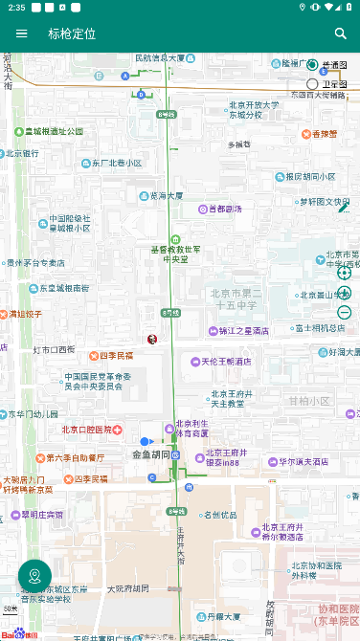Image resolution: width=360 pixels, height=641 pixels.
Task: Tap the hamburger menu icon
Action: point(21,33)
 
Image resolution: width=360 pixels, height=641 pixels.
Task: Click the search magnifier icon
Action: point(340,33)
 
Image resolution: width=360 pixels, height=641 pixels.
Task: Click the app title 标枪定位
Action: point(72,33)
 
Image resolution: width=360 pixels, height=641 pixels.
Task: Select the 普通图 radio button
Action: point(312,65)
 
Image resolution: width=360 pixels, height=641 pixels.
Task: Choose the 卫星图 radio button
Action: point(312,84)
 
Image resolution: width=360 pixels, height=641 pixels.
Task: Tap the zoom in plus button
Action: point(345,293)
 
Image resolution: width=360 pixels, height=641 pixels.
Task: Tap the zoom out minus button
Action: point(345,312)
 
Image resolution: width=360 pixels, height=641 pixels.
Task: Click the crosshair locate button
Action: point(345,273)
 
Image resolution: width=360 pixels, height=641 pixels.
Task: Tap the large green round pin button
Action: point(34,576)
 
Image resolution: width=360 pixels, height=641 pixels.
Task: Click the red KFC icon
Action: point(151,339)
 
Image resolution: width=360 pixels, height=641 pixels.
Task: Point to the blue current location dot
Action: point(146,441)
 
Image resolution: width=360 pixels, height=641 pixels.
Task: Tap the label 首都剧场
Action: point(219,209)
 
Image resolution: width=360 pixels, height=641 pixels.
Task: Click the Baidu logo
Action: point(19,633)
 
